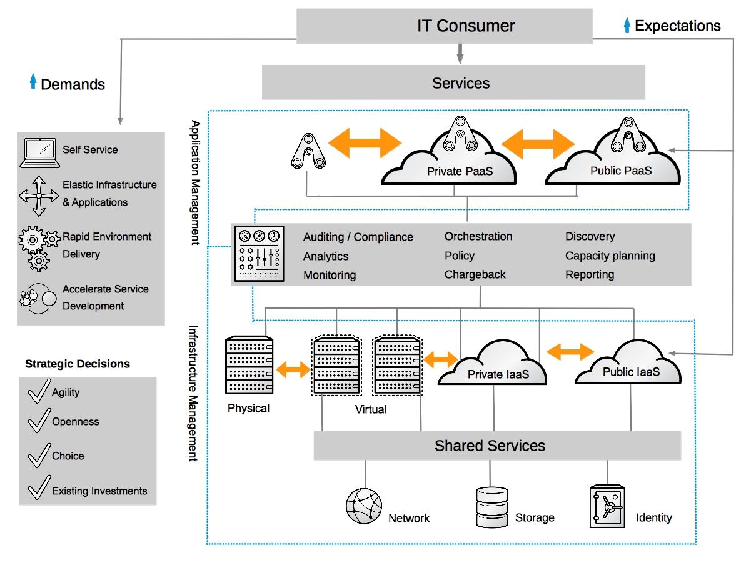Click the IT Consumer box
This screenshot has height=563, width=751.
coord(444,26)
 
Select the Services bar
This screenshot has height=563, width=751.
coord(453,83)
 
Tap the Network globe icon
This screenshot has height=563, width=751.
coord(364,506)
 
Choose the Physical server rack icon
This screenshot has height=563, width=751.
coord(249,366)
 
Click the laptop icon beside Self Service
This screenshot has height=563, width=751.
coord(39,153)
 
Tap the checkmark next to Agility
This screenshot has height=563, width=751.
coord(39,391)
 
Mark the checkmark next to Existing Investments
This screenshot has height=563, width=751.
coord(39,487)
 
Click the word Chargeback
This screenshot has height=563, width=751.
coord(475,274)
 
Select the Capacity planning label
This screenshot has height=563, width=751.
coord(610,256)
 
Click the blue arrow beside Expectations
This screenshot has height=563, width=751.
coord(627,26)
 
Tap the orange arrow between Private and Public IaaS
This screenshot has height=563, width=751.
coord(570,351)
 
